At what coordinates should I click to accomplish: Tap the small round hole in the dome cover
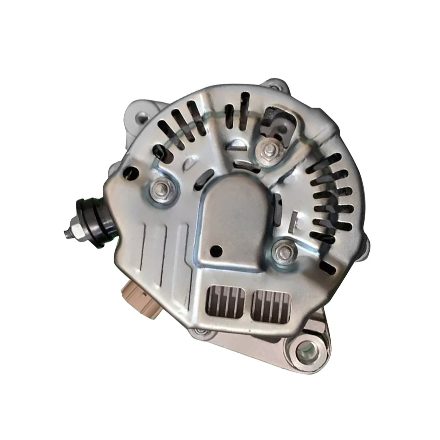point(217,249)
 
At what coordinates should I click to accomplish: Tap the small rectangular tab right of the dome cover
point(293,220)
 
